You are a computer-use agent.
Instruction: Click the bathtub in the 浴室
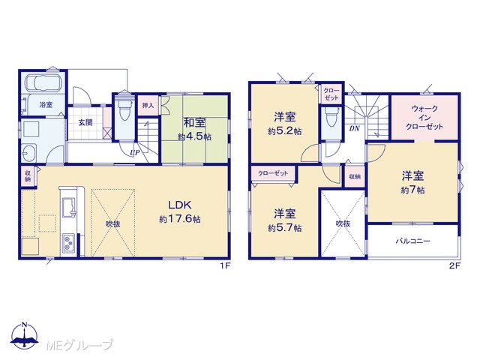(43, 82)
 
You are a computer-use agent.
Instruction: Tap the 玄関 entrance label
(85, 123)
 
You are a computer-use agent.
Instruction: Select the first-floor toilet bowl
(124, 110)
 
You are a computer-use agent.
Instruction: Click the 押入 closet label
(148, 105)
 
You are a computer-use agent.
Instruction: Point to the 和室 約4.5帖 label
(195, 129)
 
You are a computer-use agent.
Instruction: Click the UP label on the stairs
(135, 153)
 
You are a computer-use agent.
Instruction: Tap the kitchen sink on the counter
(69, 208)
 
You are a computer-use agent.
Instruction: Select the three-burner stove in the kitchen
(68, 243)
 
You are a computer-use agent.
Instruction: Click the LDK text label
(180, 205)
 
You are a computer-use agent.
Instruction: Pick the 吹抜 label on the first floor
(113, 224)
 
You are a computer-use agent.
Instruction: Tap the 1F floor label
(225, 265)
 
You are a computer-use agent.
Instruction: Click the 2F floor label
(454, 265)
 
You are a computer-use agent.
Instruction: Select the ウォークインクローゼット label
(424, 118)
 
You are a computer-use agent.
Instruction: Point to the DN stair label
(355, 128)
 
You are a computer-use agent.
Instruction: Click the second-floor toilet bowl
(331, 116)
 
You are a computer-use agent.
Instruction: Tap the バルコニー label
(413, 241)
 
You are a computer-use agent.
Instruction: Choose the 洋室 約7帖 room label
(413, 182)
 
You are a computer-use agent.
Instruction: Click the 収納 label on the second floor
(355, 177)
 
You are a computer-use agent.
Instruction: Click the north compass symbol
(24, 335)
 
